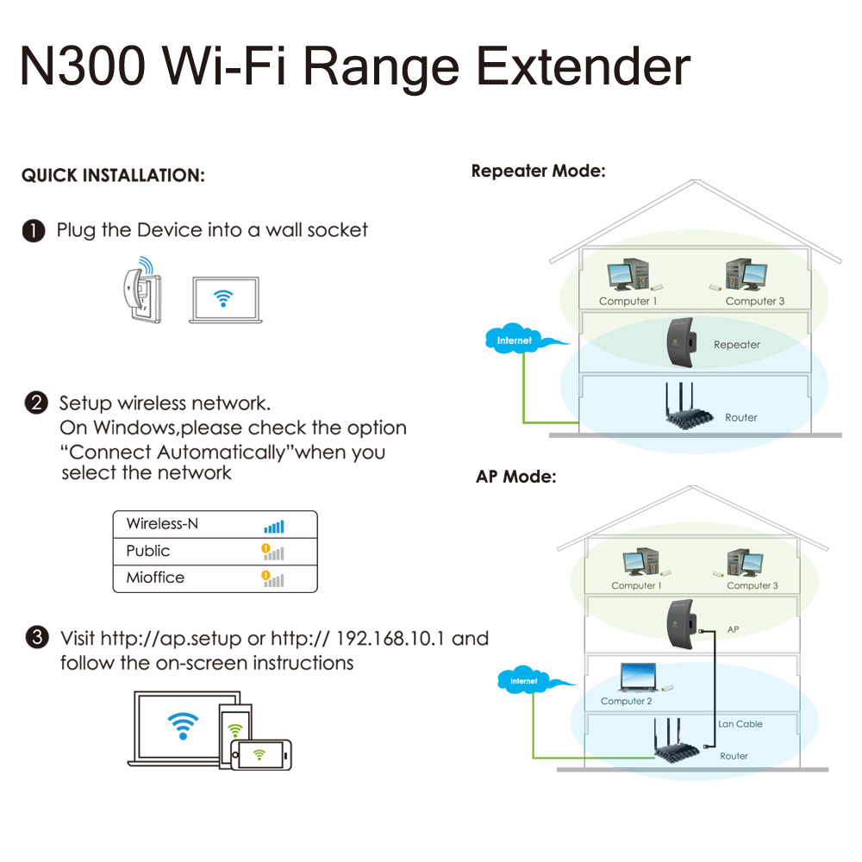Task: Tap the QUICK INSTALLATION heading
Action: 113,176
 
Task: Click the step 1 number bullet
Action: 34,231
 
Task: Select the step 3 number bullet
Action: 36,639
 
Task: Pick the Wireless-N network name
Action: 162,524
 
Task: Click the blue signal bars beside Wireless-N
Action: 273,526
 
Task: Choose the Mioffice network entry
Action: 155,578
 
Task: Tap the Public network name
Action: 148,551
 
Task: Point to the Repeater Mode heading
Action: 538,171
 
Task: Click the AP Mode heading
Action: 515,477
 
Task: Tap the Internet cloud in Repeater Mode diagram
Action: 515,340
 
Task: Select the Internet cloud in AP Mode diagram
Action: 524,681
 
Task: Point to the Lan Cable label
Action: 740,724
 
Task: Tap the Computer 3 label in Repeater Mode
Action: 755,301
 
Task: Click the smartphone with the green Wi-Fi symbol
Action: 265,753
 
